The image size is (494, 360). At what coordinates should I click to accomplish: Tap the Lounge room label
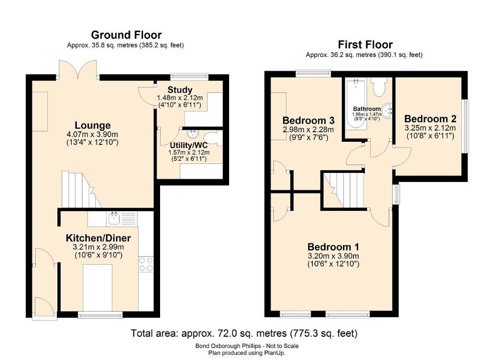tap(93, 125)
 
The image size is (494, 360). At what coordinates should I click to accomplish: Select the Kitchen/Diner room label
tap(98, 238)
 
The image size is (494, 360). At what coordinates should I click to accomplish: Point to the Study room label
tap(180, 90)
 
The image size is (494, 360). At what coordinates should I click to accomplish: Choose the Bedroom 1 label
tap(333, 247)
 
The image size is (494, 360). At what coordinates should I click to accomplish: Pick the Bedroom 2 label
tap(430, 119)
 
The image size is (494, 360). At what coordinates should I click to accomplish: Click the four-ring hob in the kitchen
tap(146, 264)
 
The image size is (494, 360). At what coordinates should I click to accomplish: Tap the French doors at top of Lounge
tap(79, 69)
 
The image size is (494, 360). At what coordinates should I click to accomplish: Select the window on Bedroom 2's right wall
tap(466, 127)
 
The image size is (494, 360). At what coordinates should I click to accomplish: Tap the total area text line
tap(244, 333)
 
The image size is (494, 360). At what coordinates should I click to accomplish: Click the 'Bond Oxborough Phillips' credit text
tap(246, 346)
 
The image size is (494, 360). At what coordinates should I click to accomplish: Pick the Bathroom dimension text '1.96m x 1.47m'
tap(367, 114)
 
